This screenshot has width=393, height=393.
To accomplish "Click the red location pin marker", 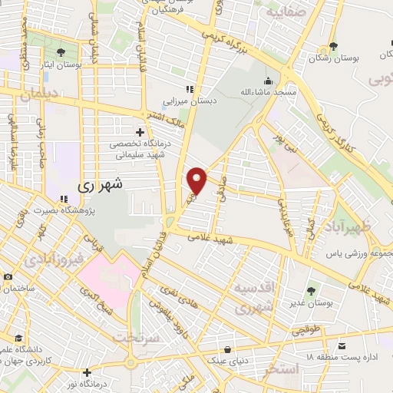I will point(198,180).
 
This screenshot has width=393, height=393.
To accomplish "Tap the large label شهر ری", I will point(101,185).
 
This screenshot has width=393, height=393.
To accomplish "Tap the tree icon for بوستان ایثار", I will point(61,52).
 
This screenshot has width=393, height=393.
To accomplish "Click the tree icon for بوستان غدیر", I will point(310,291).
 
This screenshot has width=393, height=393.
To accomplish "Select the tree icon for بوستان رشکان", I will point(332,46).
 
